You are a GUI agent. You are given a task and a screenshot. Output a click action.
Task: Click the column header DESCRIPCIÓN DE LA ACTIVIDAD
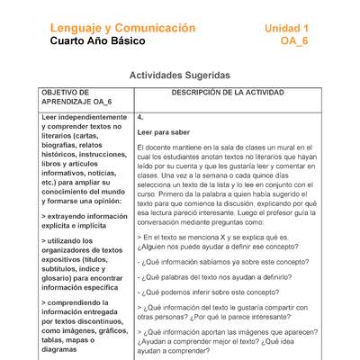pyautogui.click(x=229, y=93)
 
